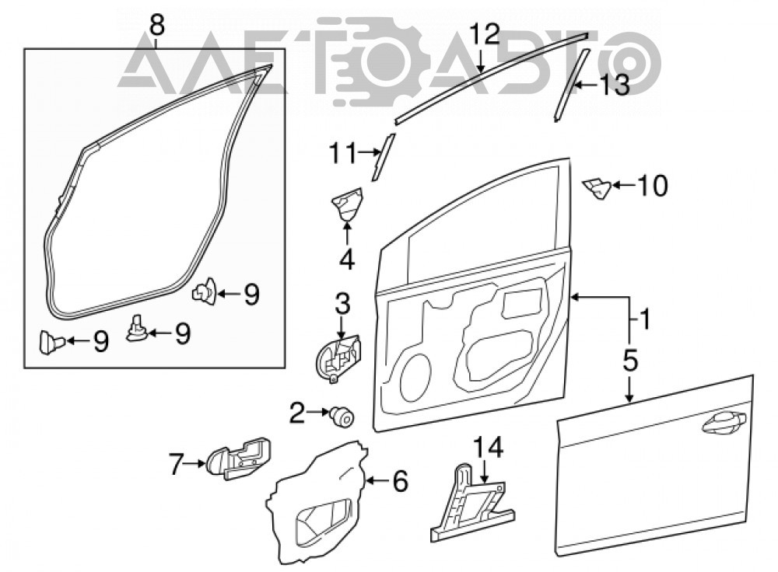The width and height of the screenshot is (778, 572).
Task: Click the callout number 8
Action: [157, 25]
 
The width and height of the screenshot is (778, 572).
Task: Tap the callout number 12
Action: [484, 35]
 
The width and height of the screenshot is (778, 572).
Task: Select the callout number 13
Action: [615, 85]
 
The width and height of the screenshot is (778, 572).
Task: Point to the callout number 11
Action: [343, 153]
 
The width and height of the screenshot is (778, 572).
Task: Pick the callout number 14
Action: [489, 447]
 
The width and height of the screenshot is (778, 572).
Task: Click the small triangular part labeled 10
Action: [597, 189]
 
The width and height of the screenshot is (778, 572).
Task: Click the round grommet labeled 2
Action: [342, 417]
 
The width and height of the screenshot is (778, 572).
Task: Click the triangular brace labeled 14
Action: [471, 503]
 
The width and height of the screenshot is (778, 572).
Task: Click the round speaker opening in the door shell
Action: [415, 378]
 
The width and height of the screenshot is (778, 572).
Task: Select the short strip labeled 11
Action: [383, 158]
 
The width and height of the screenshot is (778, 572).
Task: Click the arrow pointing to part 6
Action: [377, 480]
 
